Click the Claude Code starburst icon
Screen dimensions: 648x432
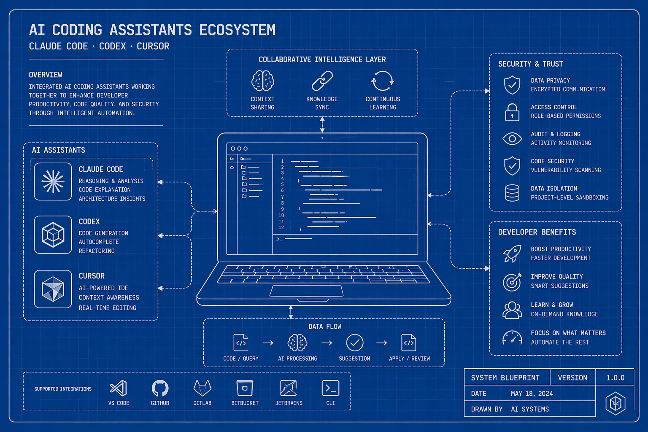[x=53, y=181]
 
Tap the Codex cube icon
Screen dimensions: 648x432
[x=53, y=235]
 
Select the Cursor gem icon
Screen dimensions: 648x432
[x=53, y=289]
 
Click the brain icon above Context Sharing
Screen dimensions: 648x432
[x=263, y=81]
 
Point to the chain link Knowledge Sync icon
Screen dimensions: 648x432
[x=322, y=81]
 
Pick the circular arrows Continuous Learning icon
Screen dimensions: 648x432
[x=383, y=81]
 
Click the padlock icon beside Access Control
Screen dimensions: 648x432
[x=512, y=112]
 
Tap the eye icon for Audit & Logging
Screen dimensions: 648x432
[x=512, y=139]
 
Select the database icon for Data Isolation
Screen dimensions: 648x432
[x=512, y=193]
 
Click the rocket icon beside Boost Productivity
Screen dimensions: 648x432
[x=512, y=254]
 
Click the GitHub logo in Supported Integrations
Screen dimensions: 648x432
[x=160, y=388]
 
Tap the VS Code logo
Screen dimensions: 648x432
[x=119, y=388]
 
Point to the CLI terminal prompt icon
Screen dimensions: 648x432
[x=330, y=388]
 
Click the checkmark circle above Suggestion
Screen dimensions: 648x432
[x=355, y=343]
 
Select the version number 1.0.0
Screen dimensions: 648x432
[x=616, y=378]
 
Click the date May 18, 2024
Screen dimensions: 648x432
[x=532, y=394]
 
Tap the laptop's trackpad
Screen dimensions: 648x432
[x=307, y=291]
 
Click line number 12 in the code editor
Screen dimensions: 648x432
[x=281, y=227]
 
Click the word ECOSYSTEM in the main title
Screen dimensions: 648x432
[x=238, y=30]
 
